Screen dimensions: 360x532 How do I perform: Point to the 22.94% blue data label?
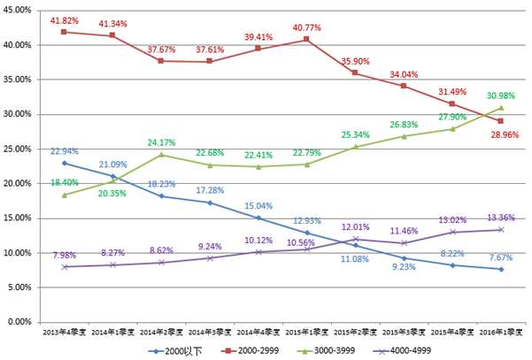click(x=64, y=152)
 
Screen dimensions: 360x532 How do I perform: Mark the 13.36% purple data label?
click(x=500, y=218)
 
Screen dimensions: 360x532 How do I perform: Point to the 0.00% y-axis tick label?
click(x=20, y=322)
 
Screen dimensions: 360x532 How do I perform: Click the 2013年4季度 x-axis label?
click(x=64, y=333)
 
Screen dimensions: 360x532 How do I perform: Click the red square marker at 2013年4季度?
click(x=64, y=32)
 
